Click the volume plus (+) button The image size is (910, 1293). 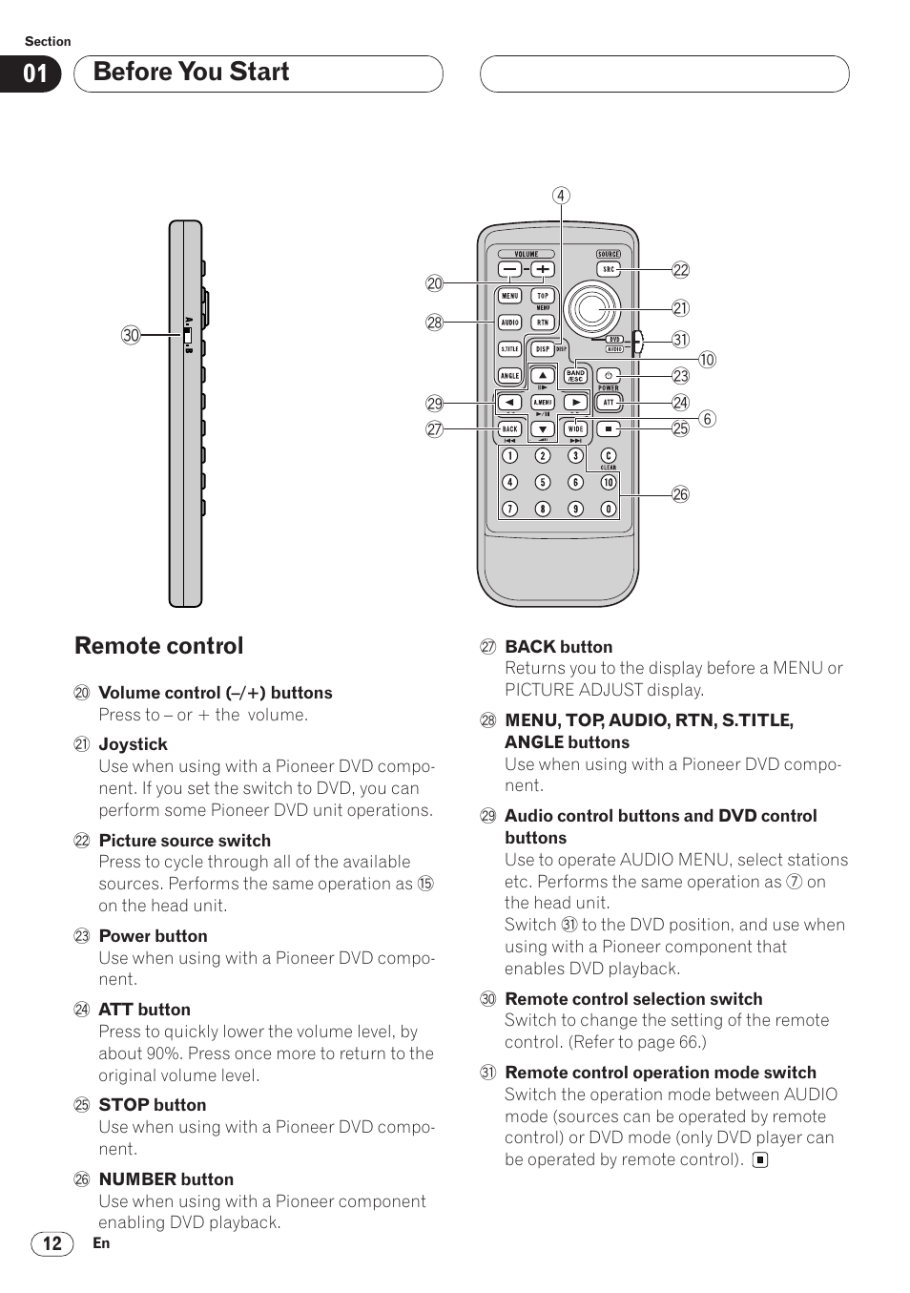543,270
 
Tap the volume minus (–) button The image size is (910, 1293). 510,270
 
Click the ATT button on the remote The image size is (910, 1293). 609,403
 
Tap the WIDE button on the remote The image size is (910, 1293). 575,429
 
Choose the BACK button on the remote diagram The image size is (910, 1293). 510,429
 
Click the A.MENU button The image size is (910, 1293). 543,403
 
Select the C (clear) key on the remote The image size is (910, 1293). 608,456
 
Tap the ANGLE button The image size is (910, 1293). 510,376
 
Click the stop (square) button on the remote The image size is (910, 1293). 609,429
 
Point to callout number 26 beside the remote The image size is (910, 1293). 680,494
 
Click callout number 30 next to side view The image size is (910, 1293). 131,335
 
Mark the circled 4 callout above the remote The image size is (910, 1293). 561,196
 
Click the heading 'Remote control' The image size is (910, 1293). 159,646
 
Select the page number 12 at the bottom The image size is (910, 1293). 52,1243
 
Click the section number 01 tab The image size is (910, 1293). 34,74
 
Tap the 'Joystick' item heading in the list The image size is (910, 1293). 133,744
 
